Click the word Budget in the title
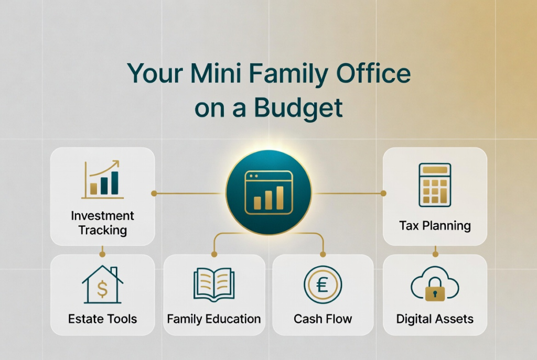point(298,108)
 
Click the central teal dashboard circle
point(269,193)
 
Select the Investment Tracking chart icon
point(102,180)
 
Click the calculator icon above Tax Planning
point(435,185)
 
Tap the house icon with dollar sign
point(102,285)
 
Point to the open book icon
point(214,285)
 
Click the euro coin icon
point(323,285)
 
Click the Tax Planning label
point(435,226)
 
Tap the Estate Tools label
point(102,319)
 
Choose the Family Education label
point(214,319)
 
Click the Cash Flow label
point(323,319)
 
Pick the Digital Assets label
point(435,319)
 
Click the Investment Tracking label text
point(102,223)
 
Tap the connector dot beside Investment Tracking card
point(154,193)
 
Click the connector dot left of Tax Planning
point(383,193)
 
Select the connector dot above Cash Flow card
point(323,254)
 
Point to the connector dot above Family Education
point(214,254)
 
